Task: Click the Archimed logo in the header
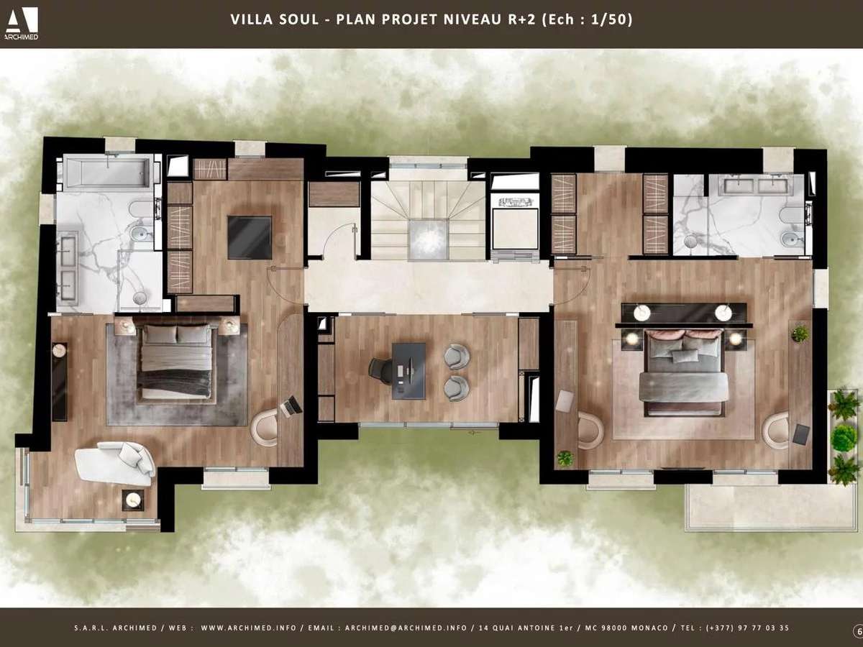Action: coord(22,23)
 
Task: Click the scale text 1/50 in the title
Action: coord(608,19)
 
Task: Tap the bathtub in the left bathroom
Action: coord(108,172)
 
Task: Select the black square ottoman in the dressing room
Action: coord(250,237)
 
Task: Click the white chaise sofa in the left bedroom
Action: coord(116,463)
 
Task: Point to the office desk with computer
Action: coord(409,370)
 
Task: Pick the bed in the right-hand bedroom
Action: coord(684,373)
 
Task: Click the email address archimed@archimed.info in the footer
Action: coord(406,628)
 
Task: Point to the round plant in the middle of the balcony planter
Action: coord(844,438)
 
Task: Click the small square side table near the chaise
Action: coord(132,500)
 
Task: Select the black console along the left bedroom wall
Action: coord(60,382)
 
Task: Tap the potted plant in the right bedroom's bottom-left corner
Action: coord(565,459)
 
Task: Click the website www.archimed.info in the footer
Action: coord(249,628)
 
